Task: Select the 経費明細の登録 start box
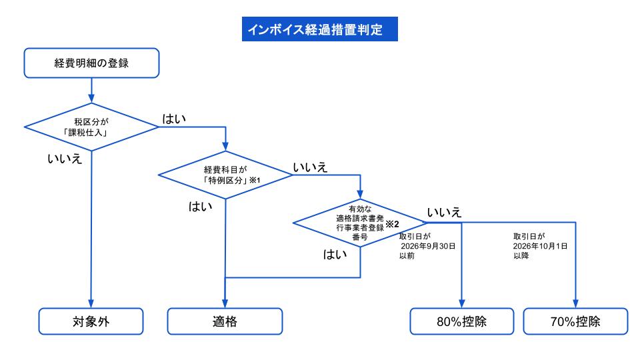91,63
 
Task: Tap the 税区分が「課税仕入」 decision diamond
91,127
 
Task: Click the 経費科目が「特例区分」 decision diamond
225,175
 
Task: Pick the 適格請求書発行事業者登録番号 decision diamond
360,223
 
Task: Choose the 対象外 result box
91,321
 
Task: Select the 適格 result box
225,321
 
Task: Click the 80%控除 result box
461,321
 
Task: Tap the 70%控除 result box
575,321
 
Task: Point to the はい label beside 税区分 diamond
174,119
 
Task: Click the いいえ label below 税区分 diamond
65,159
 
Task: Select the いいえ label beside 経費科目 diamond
310,167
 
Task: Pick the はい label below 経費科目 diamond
201,207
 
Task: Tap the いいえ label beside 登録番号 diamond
444,212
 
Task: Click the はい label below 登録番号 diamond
335,254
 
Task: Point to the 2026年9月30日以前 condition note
427,246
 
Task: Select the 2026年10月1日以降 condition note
540,246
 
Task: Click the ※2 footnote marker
392,224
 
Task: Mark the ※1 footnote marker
255,180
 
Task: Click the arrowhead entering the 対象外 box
91,304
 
